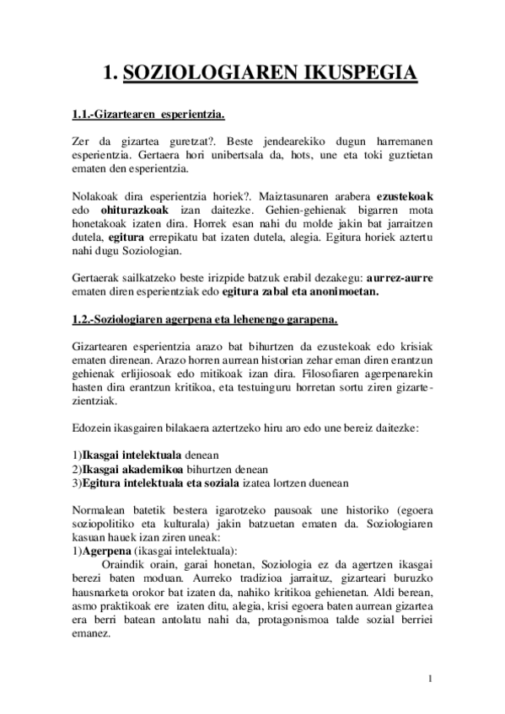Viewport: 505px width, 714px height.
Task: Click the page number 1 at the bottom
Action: [x=430, y=678]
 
